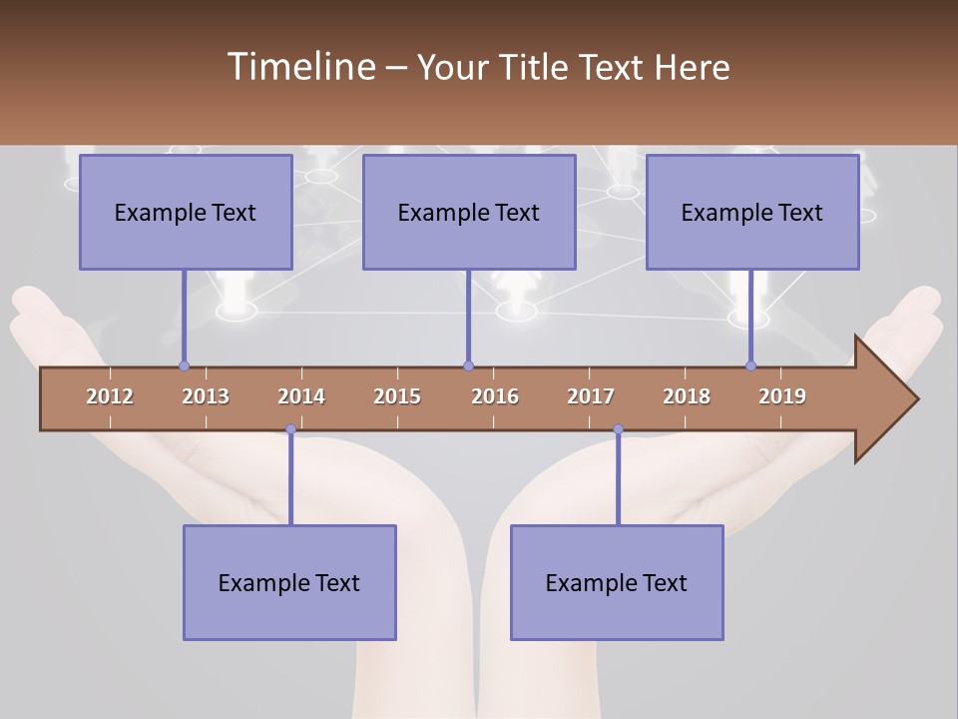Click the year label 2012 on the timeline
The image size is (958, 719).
pos(110,396)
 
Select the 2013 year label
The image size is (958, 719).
pos(206,396)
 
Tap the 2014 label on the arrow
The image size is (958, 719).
pos(301,396)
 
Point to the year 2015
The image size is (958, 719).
pos(397,396)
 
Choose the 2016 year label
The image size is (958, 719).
pos(495,396)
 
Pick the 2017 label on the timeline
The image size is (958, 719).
pos(591,396)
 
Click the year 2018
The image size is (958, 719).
pos(687,396)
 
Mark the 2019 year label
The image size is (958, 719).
pos(782,396)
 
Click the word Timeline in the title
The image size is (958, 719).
pos(299,67)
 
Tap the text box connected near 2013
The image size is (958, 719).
pos(186,212)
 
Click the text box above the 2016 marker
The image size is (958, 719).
pos(469,212)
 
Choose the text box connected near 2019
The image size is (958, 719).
pos(752,212)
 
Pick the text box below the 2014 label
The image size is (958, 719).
pos(289,582)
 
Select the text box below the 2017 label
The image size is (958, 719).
pos(617,582)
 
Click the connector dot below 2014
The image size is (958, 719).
pos(290,429)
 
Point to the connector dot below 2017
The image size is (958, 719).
pos(618,429)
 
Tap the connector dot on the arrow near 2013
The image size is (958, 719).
pos(184,365)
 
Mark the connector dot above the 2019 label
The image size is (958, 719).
pos(750,365)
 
